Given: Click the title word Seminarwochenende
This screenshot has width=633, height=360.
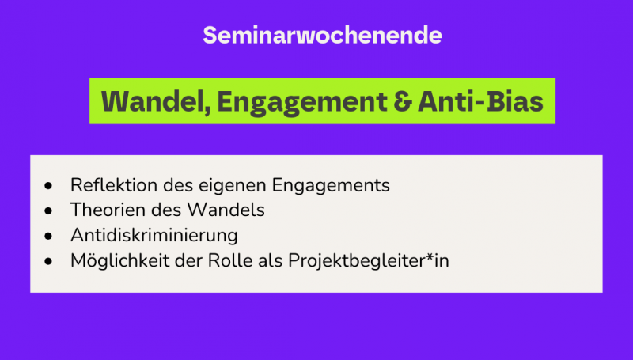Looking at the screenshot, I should pyautogui.click(x=321, y=36).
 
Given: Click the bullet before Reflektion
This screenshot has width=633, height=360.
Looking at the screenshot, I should pyautogui.click(x=50, y=186).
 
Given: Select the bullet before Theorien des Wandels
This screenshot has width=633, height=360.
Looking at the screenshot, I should pyautogui.click(x=50, y=211).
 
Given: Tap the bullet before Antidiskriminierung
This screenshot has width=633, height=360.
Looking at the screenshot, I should pyautogui.click(x=50, y=237).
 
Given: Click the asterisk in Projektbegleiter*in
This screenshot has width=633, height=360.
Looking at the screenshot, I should pyautogui.click(x=432, y=258).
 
